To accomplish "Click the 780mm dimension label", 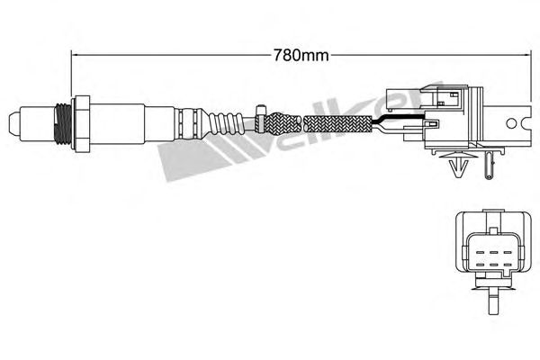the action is [301, 55].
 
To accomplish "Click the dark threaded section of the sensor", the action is [63, 123].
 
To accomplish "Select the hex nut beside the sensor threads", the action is [81, 123].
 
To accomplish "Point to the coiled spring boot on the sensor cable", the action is [225, 123].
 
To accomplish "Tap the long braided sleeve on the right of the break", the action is [338, 124].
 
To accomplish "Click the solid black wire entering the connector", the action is [400, 118].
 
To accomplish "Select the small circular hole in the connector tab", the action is [511, 123].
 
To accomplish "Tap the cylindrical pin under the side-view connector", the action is [490, 166].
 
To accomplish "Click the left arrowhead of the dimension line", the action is [75, 54].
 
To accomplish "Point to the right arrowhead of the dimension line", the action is [526, 54].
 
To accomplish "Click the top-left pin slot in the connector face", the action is [480, 253].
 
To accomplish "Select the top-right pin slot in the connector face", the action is [507, 253].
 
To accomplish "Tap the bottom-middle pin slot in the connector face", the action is [493, 265].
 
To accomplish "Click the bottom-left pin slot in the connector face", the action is [480, 265].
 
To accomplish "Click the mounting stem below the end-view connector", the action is [493, 301].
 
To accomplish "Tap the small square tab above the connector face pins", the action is [493, 230].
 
